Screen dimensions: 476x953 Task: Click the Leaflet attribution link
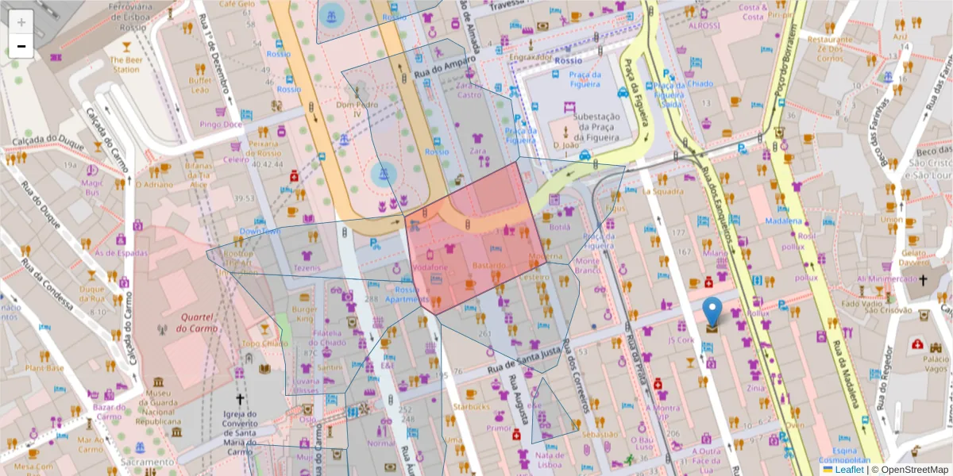[850, 470]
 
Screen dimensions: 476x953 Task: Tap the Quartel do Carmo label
[176, 322]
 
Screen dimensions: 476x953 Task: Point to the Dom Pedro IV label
[354, 109]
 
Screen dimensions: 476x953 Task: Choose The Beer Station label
[125, 64]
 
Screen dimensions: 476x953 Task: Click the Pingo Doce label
[221, 125]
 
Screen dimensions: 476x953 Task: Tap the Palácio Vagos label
[936, 363]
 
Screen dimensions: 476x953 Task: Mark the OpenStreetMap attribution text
[913, 470]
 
